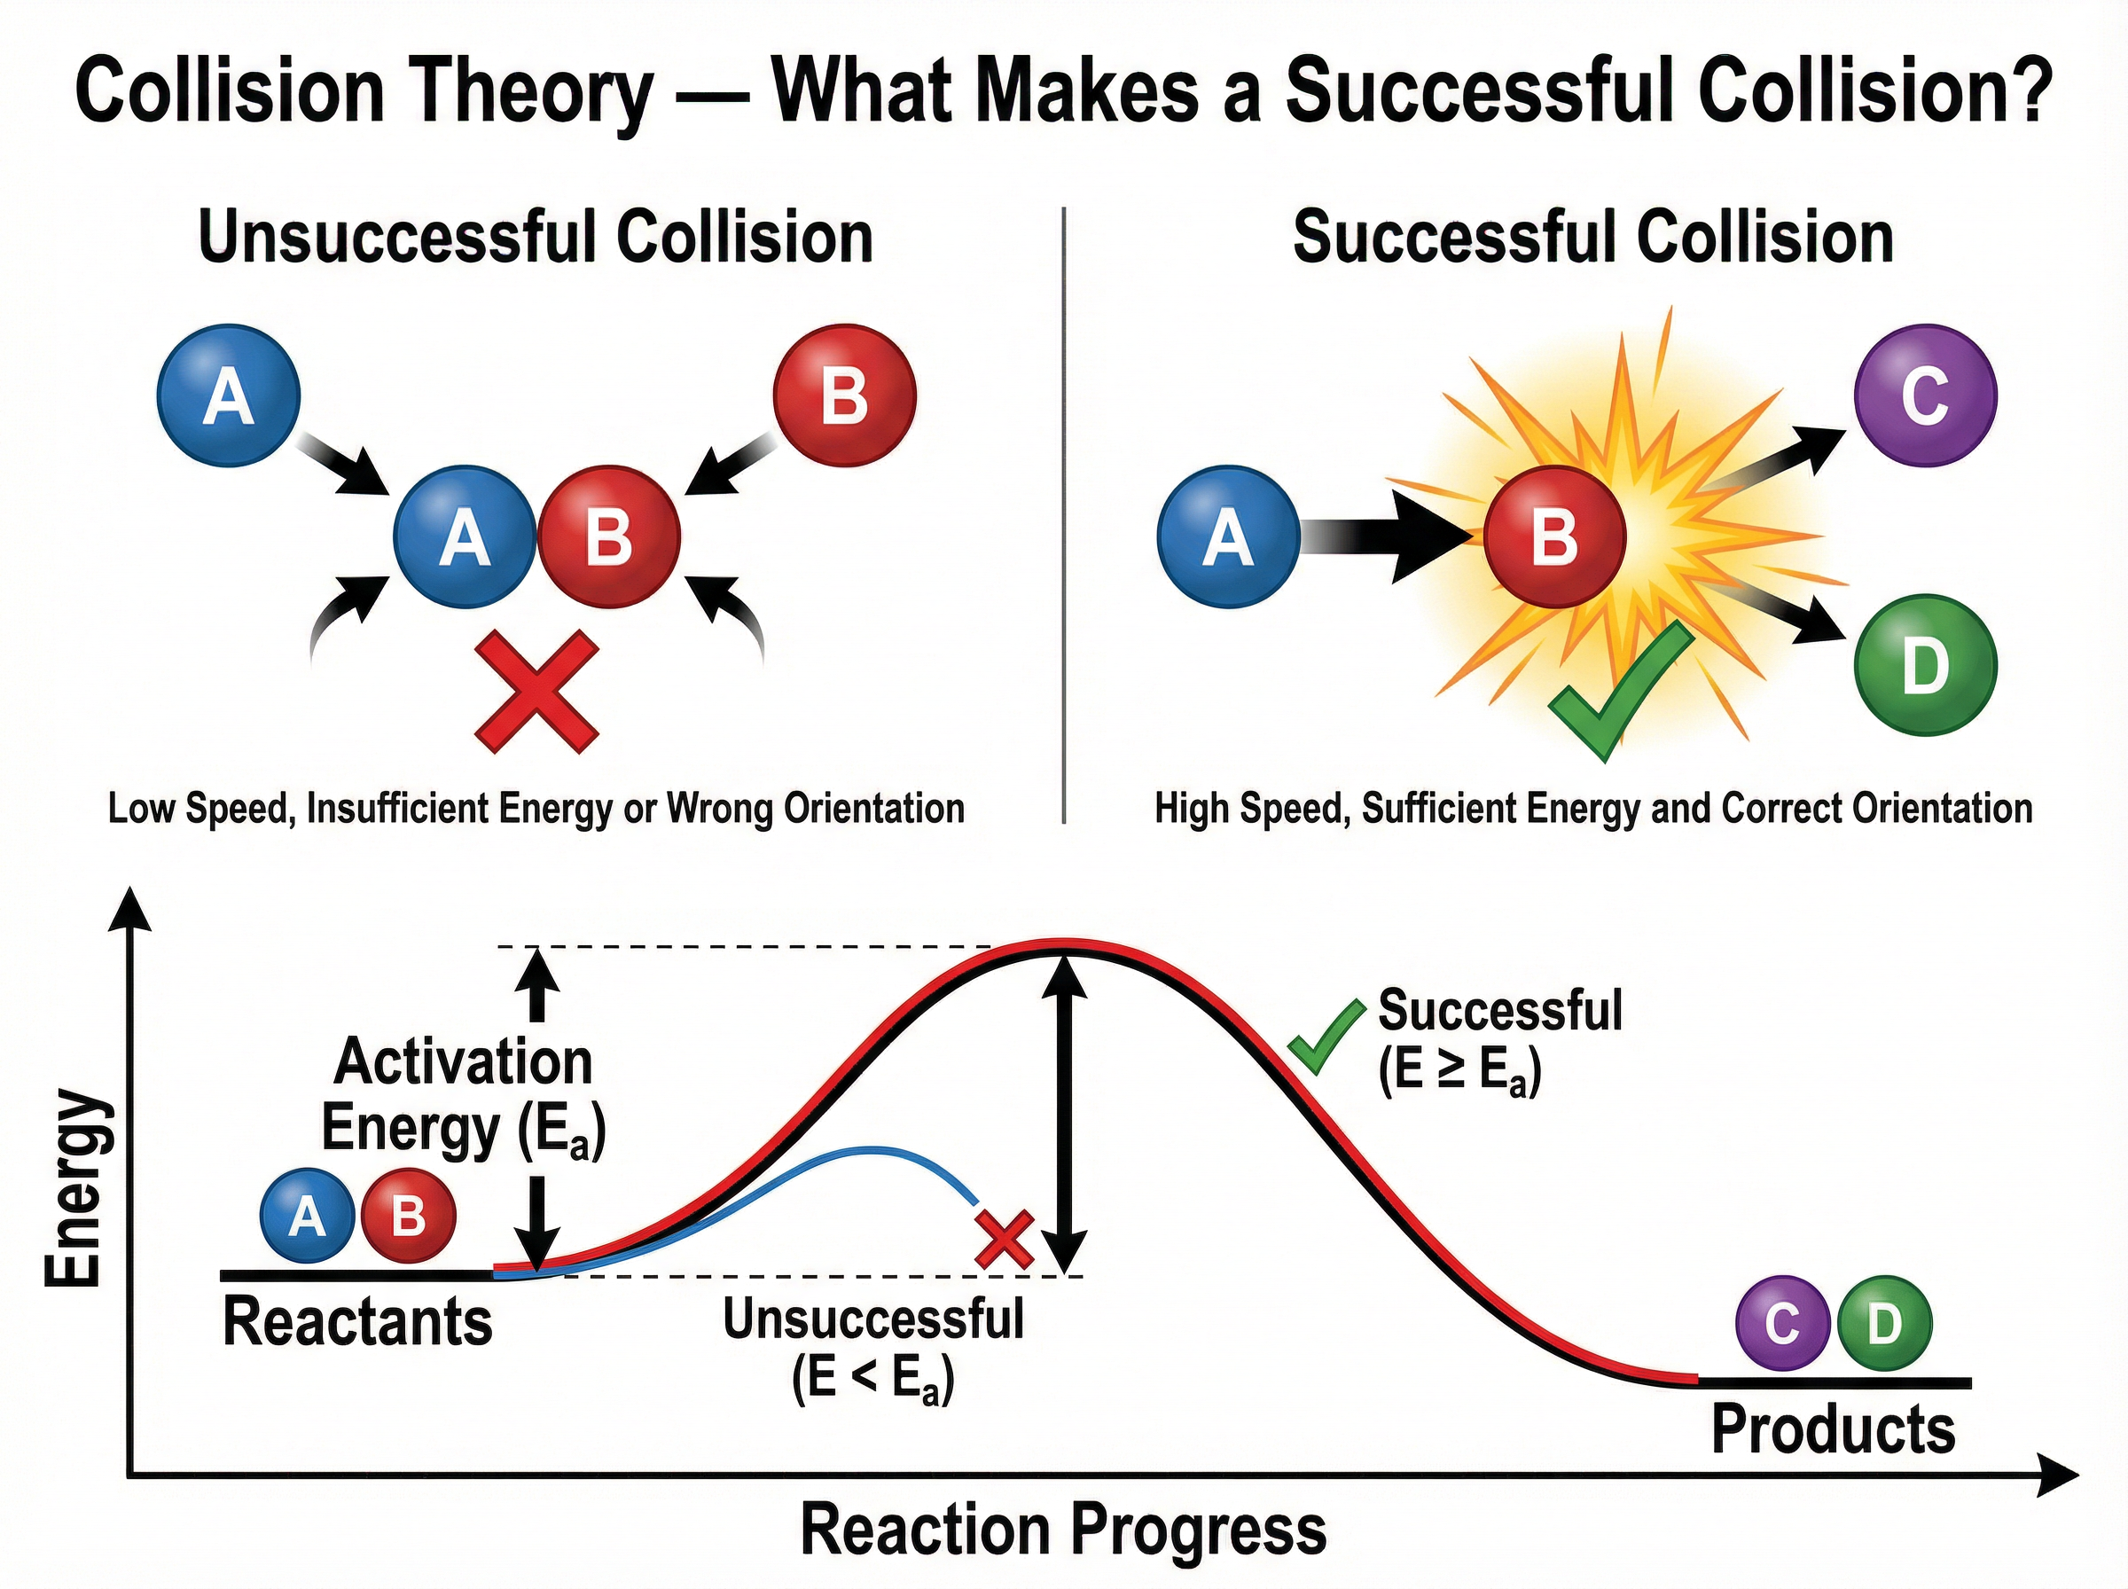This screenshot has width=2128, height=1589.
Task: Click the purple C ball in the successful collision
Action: (1925, 395)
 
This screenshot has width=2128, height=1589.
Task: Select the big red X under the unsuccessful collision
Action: (536, 692)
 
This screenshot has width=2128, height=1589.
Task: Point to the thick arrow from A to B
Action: (1389, 536)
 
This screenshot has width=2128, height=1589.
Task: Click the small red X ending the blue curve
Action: (1004, 1240)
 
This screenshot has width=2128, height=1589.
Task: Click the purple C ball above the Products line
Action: (1782, 1324)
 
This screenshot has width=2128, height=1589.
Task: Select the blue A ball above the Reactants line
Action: (307, 1216)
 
